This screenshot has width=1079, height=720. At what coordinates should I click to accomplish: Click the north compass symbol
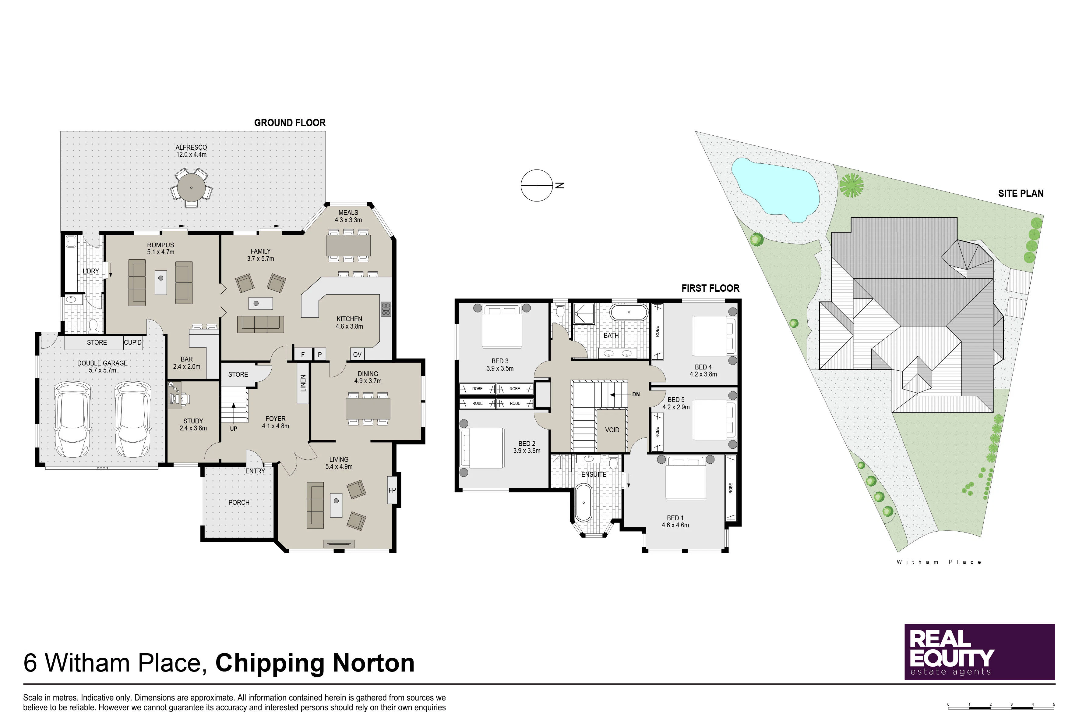coord(537,186)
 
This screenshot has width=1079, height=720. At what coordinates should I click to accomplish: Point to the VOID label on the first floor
coord(612,430)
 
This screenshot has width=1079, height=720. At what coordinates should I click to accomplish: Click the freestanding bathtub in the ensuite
coord(583,502)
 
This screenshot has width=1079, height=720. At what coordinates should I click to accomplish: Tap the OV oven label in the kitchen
coord(357,355)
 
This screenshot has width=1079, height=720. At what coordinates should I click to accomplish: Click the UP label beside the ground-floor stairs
coord(234,428)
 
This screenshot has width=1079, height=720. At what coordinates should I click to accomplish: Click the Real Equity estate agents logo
coord(979,652)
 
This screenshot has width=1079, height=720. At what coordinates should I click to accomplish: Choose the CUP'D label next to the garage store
coord(133,343)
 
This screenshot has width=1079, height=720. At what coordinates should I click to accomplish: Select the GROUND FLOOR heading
coord(290,123)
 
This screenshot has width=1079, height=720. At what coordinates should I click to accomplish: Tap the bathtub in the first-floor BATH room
coord(629,312)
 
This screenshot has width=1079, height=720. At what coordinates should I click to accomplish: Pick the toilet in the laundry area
coord(93,325)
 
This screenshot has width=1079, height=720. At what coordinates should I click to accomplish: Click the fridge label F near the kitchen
coord(303,355)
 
